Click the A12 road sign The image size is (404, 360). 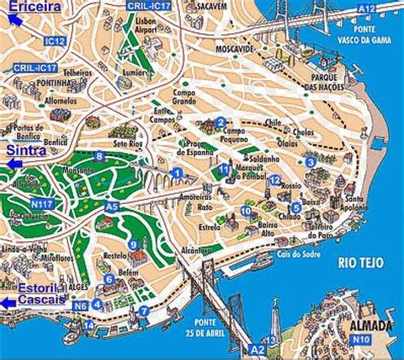click(366, 8)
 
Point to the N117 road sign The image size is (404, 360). click(41, 203)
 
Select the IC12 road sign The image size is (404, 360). click(55, 40)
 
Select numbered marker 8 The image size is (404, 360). click(100, 156)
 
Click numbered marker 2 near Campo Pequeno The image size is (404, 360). click(220, 122)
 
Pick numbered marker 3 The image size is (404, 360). click(311, 162)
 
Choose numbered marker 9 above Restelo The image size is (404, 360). click(133, 245)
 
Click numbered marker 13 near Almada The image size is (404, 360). click(271, 340)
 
